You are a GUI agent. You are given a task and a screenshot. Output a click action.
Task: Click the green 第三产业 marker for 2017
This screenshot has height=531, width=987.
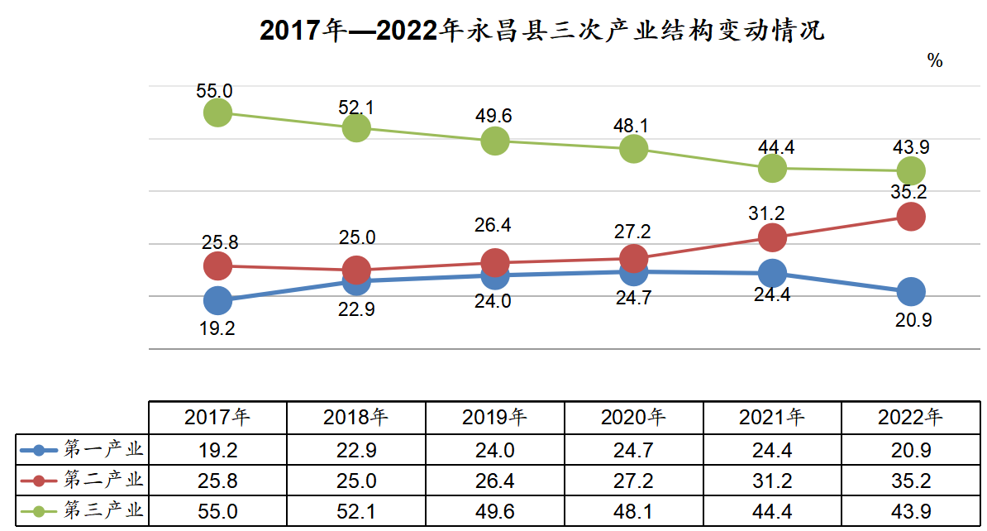[x=217, y=112]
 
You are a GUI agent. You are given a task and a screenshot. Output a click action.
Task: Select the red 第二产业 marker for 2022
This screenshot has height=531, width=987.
[x=911, y=217]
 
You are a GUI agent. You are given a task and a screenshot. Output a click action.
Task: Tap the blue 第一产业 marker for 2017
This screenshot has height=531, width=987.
[x=217, y=300]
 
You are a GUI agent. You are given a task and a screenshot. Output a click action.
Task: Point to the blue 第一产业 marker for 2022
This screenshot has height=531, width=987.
[x=911, y=291]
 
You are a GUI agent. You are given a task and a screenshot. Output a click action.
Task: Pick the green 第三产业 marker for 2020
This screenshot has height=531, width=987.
[x=633, y=149]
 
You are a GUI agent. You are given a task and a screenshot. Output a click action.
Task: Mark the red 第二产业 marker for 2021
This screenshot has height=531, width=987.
[x=772, y=237]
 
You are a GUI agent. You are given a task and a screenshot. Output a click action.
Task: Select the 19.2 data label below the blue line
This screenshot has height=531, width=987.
[x=217, y=328]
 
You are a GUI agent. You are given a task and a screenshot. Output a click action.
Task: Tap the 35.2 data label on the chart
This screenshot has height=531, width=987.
[x=909, y=193]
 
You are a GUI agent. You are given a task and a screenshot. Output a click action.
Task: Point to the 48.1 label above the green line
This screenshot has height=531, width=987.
[x=632, y=126]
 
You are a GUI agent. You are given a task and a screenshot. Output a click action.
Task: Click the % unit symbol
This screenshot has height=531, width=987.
[x=935, y=60]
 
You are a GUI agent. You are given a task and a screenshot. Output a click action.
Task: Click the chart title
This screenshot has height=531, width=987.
[x=542, y=31]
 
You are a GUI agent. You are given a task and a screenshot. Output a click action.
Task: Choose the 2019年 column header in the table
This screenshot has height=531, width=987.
[x=495, y=417]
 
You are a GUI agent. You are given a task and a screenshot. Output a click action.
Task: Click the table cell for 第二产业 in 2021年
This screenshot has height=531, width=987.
[x=772, y=479]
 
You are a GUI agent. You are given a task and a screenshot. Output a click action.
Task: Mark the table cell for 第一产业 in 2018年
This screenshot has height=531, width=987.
[x=356, y=450]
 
